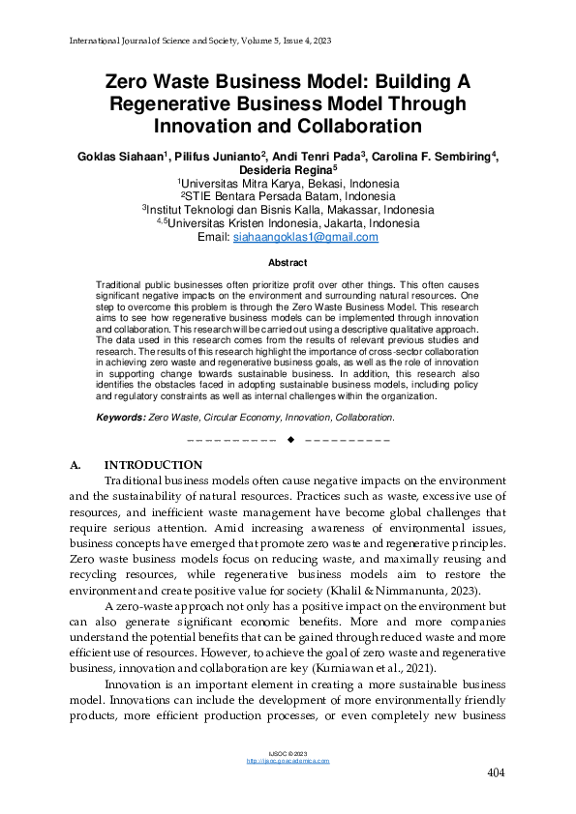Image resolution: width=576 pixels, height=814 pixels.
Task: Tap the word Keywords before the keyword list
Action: tap(120, 417)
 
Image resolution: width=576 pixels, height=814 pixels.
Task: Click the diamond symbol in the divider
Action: tap(288, 441)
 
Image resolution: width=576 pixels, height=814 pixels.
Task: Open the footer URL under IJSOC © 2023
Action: tap(288, 761)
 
